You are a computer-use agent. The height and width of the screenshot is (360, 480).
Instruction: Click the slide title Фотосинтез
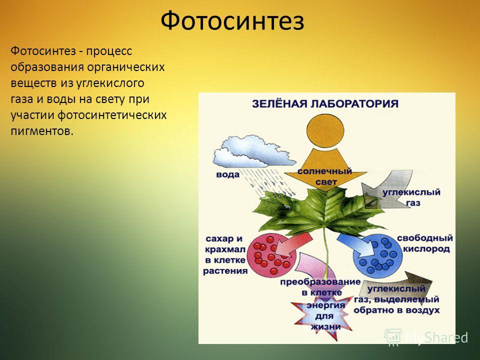click(x=232, y=21)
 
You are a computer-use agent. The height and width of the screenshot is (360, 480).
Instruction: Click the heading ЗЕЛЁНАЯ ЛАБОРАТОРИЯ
click(x=325, y=104)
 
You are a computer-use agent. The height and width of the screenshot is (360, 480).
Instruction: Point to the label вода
click(x=228, y=175)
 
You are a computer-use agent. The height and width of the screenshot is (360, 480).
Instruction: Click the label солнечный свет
click(x=325, y=176)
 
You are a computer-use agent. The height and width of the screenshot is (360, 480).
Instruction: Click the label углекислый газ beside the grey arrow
click(x=411, y=197)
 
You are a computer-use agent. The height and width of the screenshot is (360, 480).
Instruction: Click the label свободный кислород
click(x=425, y=243)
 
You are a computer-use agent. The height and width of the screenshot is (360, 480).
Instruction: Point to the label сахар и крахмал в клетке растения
click(x=225, y=254)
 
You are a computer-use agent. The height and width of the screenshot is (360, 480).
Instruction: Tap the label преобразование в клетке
click(x=320, y=287)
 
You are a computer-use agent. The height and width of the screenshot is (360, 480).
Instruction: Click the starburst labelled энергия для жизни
click(x=323, y=316)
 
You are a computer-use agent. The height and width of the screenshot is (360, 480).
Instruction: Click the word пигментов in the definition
click(x=42, y=131)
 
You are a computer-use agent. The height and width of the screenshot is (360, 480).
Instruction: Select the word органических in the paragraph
click(x=126, y=67)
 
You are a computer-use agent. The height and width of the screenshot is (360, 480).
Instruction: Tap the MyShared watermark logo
click(x=425, y=337)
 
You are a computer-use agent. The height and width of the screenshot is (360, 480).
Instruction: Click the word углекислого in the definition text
click(x=110, y=83)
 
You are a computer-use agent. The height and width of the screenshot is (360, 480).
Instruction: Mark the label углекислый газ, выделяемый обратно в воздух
click(x=396, y=299)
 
